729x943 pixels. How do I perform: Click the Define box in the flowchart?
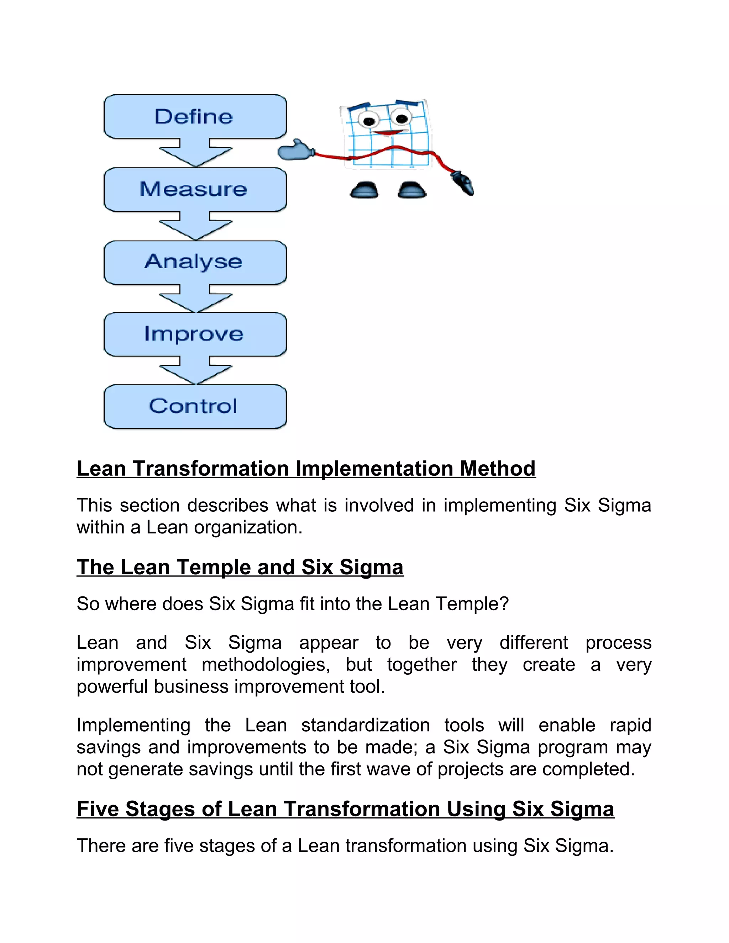click(195, 117)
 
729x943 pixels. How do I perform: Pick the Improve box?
click(195, 334)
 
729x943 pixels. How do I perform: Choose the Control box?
click(195, 406)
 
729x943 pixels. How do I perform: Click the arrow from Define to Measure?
click(195, 153)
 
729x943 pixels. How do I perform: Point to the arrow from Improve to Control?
click(195, 370)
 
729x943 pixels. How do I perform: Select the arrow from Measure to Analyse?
click(195, 226)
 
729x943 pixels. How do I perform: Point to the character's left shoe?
click(364, 190)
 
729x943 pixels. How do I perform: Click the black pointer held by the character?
click(463, 183)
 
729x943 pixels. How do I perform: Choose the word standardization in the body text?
click(365, 725)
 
